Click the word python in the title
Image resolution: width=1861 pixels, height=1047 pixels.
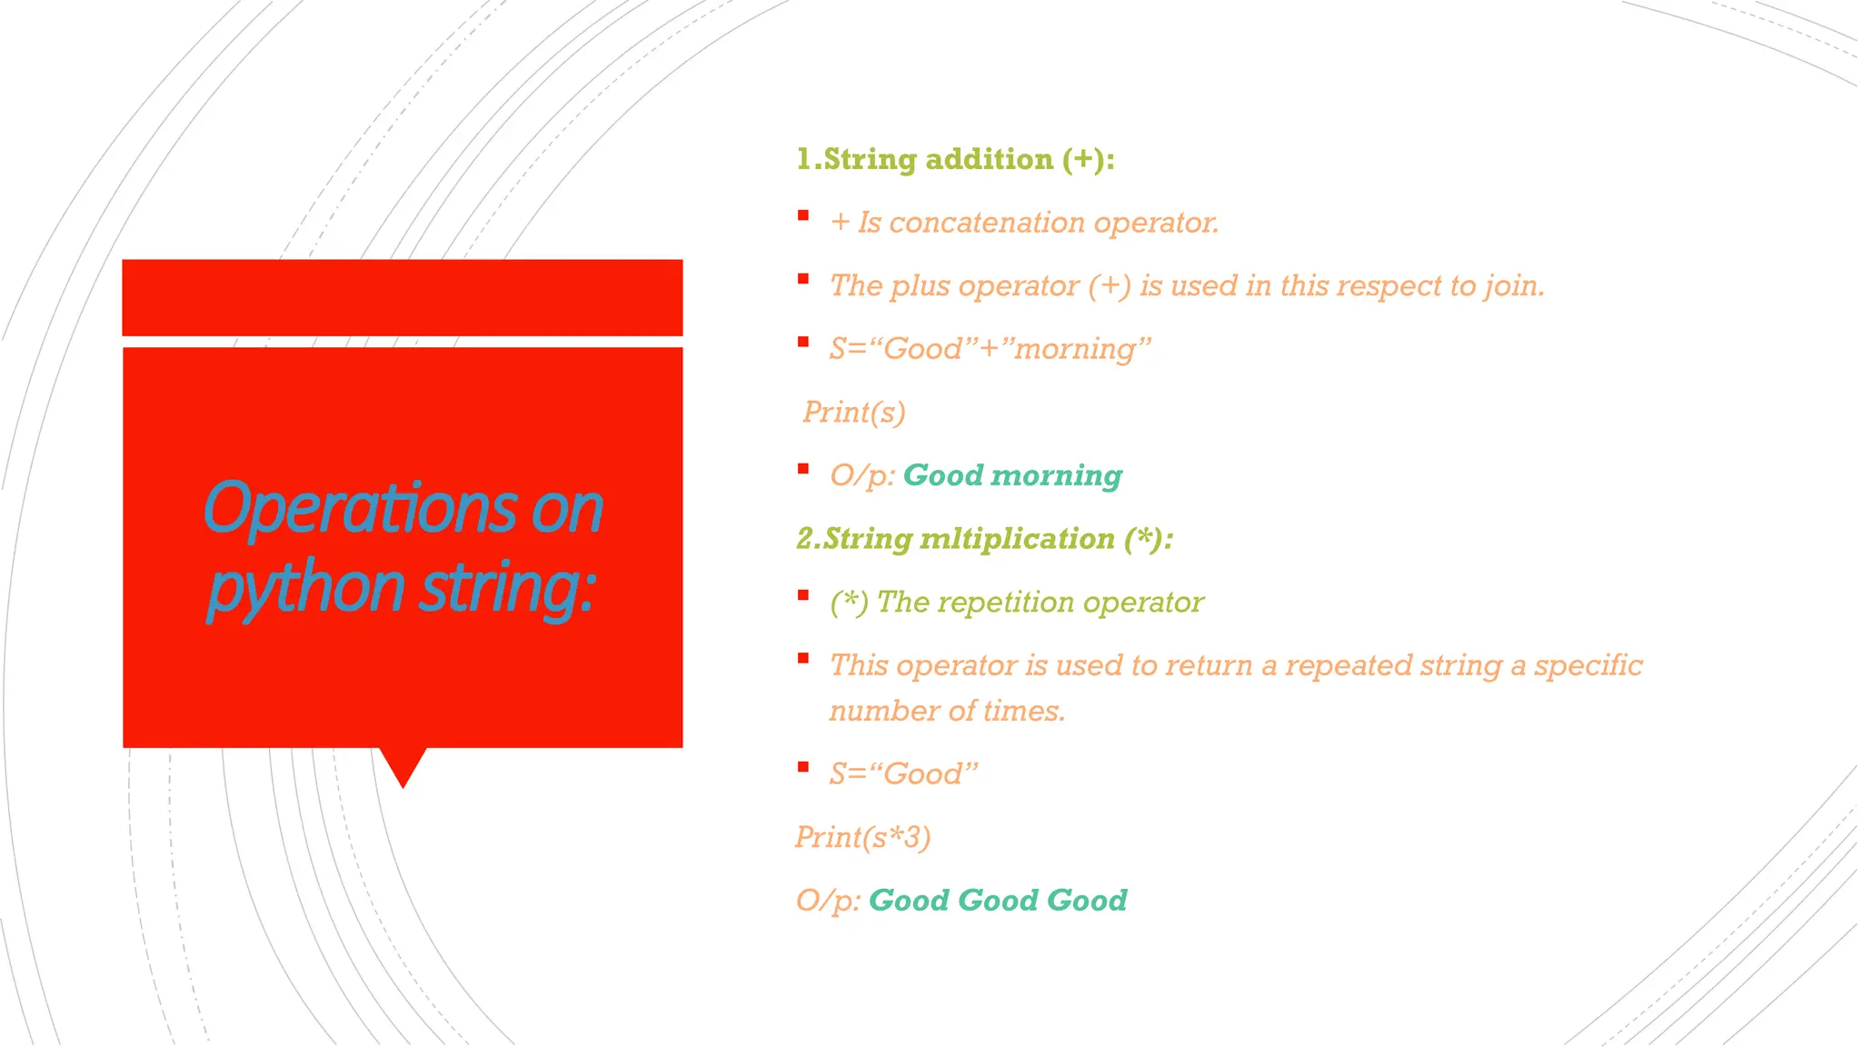[305, 589]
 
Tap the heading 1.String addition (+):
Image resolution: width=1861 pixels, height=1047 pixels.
[955, 160]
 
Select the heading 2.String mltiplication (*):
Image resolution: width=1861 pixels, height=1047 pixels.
[984, 539]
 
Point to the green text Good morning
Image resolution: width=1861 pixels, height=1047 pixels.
[1011, 475]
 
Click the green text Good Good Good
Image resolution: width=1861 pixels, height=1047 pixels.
[997, 901]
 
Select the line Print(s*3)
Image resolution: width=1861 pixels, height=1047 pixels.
[862, 837]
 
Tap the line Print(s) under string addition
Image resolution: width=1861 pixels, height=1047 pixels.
[854, 413]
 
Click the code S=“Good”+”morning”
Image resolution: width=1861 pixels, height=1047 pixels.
[990, 349]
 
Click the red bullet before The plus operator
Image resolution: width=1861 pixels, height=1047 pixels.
[803, 279]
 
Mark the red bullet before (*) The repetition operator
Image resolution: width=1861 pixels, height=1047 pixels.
[803, 595]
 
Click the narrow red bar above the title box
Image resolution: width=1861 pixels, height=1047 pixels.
[402, 297]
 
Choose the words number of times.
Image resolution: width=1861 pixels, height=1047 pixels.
[946, 711]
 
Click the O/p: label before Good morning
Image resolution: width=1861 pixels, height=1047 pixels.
[862, 475]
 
